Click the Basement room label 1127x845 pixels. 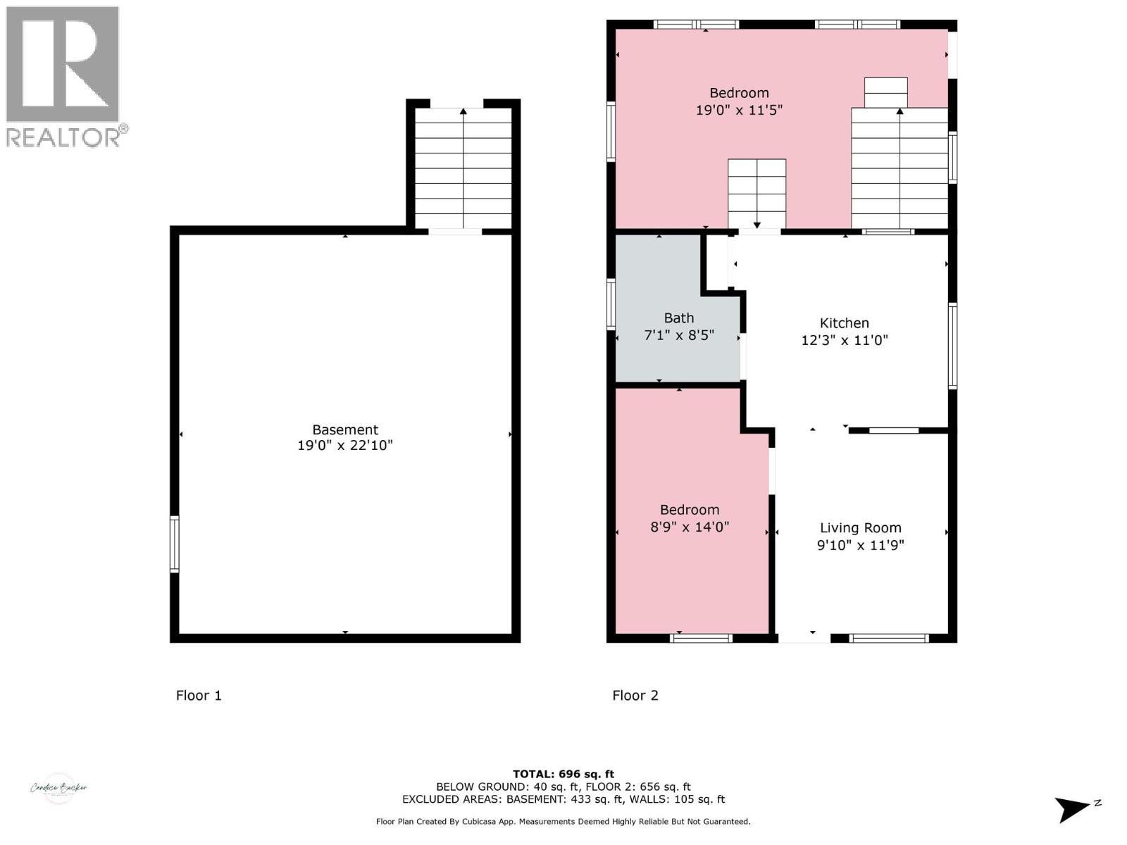(x=345, y=430)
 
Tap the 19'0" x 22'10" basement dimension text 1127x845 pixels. (x=345, y=446)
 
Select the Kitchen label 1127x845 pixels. (x=844, y=323)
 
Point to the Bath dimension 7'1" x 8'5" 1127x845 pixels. (x=679, y=336)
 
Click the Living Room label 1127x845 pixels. (x=860, y=528)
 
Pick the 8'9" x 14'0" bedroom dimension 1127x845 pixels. (x=689, y=527)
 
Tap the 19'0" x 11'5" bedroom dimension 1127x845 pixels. (x=739, y=111)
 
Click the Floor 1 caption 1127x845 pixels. (x=199, y=696)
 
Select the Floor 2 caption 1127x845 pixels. (x=635, y=696)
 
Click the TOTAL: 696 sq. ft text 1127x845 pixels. (x=563, y=774)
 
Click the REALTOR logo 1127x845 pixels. (x=64, y=76)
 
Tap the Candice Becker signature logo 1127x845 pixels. (x=59, y=788)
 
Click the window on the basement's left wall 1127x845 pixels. (x=174, y=544)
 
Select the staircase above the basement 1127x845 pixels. (x=463, y=168)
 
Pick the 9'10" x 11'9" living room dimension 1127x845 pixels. (x=860, y=545)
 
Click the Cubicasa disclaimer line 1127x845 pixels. (x=563, y=822)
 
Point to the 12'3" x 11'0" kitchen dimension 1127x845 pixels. (x=844, y=341)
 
